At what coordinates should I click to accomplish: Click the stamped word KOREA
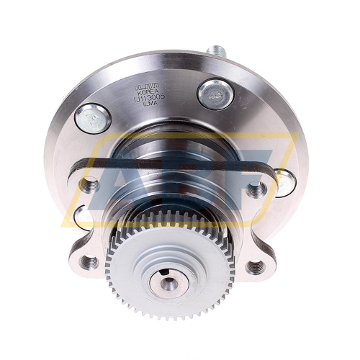point(146,93)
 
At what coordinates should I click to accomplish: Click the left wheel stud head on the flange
point(93,118)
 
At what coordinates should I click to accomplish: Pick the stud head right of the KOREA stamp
point(215,94)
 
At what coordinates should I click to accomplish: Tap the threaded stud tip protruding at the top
point(215,52)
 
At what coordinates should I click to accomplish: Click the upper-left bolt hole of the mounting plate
point(89,185)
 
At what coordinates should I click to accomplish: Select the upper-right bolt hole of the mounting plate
point(256,191)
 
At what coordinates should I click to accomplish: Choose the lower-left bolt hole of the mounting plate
point(90,261)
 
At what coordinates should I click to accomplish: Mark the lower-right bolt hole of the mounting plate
point(254,267)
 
